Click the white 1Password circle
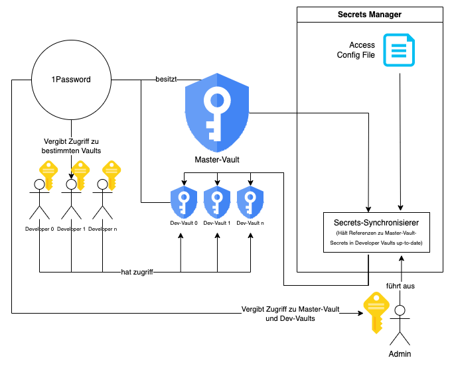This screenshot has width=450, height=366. [x=71, y=80]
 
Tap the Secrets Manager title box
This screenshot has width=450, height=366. [x=370, y=15]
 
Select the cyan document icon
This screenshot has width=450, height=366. [x=399, y=50]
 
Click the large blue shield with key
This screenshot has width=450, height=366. [x=217, y=112]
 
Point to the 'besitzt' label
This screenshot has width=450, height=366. [x=166, y=79]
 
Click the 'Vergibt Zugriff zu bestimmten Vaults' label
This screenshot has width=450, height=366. [x=71, y=146]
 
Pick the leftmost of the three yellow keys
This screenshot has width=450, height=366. [x=48, y=174]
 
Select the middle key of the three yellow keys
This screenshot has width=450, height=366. [x=80, y=174]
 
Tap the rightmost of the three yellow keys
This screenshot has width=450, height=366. [x=112, y=174]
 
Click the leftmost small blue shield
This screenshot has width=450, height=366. [x=184, y=202]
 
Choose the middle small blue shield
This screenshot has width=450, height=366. [x=217, y=202]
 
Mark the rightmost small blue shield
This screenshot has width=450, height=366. [x=250, y=202]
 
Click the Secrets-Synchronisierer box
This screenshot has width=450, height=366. [x=376, y=232]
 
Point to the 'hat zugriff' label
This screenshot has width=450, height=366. [x=137, y=272]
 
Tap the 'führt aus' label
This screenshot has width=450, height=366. [x=400, y=286]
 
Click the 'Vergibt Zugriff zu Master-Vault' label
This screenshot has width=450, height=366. [x=290, y=314]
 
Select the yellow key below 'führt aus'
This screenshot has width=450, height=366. [x=376, y=312]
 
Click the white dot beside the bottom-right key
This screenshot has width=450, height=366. [x=400, y=310]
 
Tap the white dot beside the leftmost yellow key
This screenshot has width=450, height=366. [x=39, y=184]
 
